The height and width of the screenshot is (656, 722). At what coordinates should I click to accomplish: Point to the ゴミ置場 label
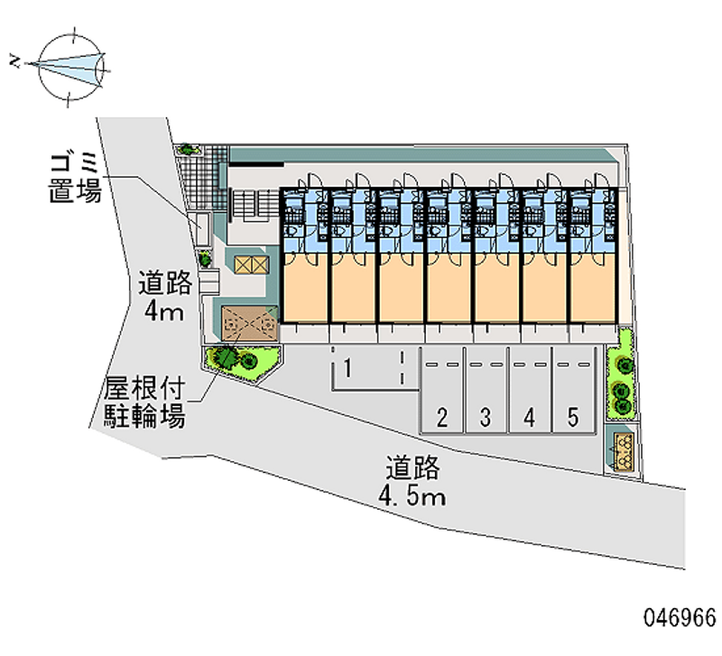pos(76,177)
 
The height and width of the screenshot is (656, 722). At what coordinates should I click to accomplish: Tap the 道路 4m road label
pos(165,299)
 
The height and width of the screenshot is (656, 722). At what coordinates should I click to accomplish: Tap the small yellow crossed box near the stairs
pos(250,263)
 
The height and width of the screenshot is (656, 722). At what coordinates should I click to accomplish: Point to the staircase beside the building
pos(256,205)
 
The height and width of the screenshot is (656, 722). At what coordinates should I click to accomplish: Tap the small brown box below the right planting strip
pos(624,451)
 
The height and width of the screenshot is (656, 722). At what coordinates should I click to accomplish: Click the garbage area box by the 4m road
pos(203,227)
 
